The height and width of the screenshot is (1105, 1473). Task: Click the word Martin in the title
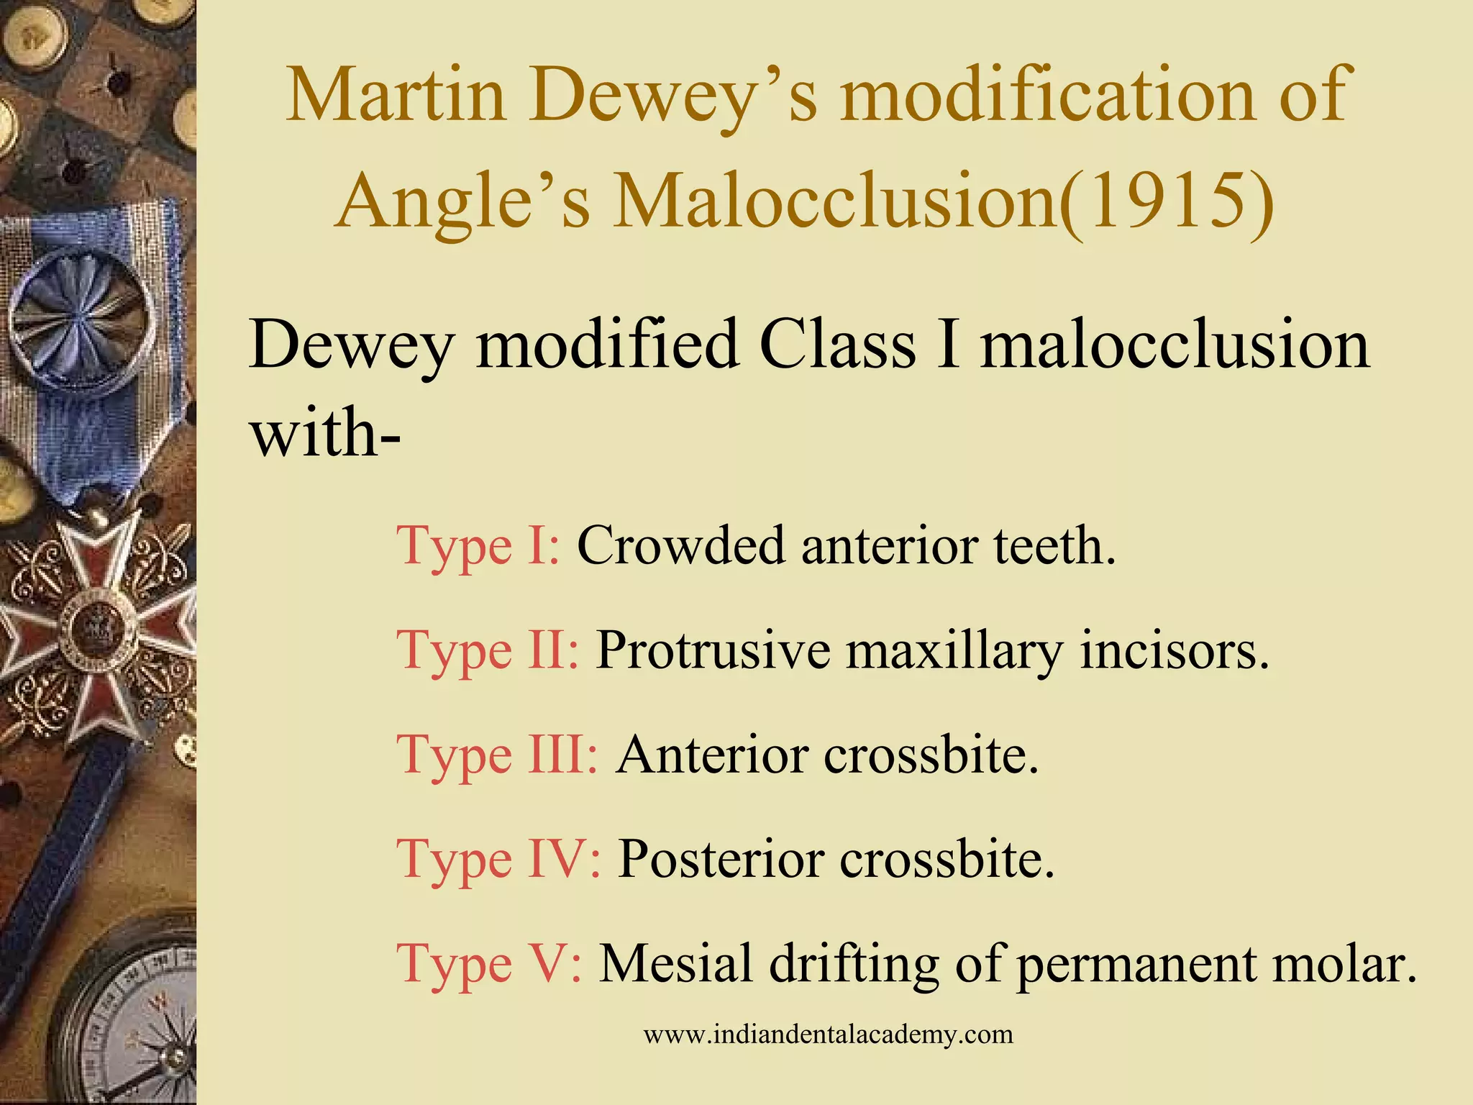[396, 96]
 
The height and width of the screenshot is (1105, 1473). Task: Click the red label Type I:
[478, 546]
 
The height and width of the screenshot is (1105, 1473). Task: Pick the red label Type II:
[488, 650]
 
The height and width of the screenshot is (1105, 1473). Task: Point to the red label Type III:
[497, 755]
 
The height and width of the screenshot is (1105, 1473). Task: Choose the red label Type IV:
[498, 859]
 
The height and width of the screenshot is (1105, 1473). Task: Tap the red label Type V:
[489, 963]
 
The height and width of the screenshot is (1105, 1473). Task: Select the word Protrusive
[712, 650]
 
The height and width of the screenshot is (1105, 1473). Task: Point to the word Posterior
[720, 859]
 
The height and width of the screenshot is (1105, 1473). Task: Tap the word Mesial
[676, 963]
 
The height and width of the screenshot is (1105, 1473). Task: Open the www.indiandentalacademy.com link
[828, 1034]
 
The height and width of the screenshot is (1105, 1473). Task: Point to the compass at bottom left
[133, 1022]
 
